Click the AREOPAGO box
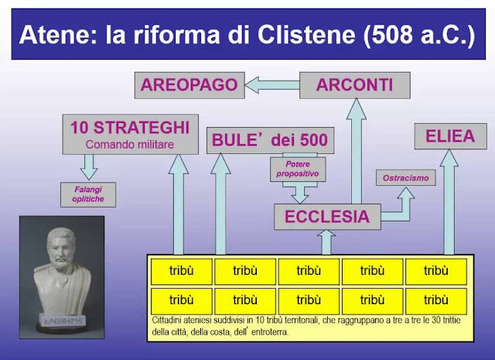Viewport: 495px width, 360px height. tap(189, 84)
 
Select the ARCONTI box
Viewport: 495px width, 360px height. tap(353, 84)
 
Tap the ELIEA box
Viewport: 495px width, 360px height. tap(449, 136)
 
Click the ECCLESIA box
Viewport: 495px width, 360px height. tap(327, 217)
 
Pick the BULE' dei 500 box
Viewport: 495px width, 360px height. tap(271, 141)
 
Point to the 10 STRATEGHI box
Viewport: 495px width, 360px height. tap(129, 133)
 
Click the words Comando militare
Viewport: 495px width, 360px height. tap(129, 143)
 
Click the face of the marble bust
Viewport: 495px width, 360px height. tap(60, 252)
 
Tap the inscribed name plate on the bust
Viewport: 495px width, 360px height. tap(60, 318)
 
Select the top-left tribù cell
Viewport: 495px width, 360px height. tap(181, 272)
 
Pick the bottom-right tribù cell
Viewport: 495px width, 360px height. tap(436, 300)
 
